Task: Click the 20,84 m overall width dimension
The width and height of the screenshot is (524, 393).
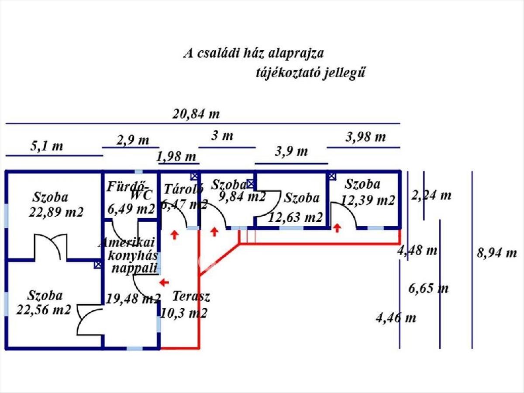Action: (x=196, y=114)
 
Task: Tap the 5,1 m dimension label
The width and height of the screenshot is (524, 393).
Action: (x=47, y=146)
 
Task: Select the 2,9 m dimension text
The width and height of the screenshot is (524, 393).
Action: (x=133, y=140)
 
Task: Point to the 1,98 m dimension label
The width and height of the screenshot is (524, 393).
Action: (x=176, y=156)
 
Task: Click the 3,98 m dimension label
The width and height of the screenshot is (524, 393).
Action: (x=366, y=137)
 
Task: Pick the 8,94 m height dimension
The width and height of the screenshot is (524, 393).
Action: (x=497, y=253)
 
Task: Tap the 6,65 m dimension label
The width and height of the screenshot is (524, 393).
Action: (x=428, y=288)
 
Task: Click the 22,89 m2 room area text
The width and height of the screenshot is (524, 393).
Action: (x=56, y=212)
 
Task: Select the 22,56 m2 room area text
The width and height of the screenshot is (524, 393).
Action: (x=44, y=310)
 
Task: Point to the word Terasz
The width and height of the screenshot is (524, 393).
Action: (x=191, y=296)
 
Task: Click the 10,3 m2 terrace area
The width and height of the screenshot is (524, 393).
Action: (x=183, y=313)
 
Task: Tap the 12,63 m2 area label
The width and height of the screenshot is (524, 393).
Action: (x=295, y=217)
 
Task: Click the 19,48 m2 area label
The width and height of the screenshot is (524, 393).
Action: (x=133, y=298)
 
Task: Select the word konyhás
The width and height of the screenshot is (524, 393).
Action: (x=133, y=256)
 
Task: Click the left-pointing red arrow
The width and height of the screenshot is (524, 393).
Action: (x=164, y=283)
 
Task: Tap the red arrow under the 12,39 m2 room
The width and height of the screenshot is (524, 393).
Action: (x=337, y=228)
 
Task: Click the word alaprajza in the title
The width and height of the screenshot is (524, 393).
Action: (x=296, y=53)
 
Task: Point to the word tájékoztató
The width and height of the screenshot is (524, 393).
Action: (x=287, y=73)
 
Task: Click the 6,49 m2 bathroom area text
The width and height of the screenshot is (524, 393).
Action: (x=131, y=209)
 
